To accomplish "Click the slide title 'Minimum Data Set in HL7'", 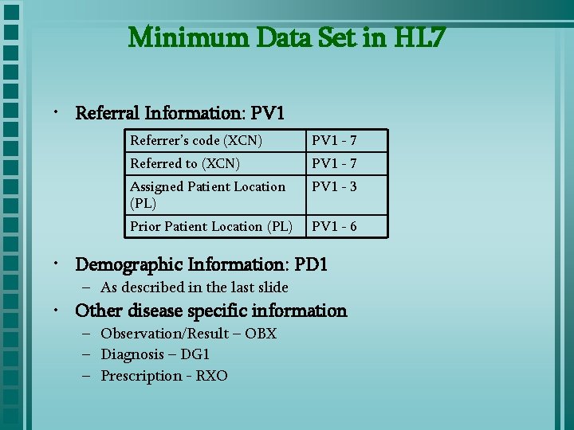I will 286,37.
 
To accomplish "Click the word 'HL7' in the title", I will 415,37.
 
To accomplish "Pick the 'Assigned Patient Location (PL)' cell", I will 207,194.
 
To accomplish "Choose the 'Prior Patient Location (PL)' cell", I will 210,227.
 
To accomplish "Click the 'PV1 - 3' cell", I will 334,187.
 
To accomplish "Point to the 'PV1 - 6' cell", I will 334,227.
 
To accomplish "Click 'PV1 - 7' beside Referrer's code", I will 334,141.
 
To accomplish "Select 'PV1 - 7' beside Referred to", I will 334,164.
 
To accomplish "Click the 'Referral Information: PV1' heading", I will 179,113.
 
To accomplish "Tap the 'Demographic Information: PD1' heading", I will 201,264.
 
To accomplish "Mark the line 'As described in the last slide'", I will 194,287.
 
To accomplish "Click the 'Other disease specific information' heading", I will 210,311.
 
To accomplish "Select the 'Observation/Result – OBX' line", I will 188,334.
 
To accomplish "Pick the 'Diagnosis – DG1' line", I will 155,354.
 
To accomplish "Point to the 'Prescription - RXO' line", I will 163,376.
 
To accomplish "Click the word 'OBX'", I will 261,334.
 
